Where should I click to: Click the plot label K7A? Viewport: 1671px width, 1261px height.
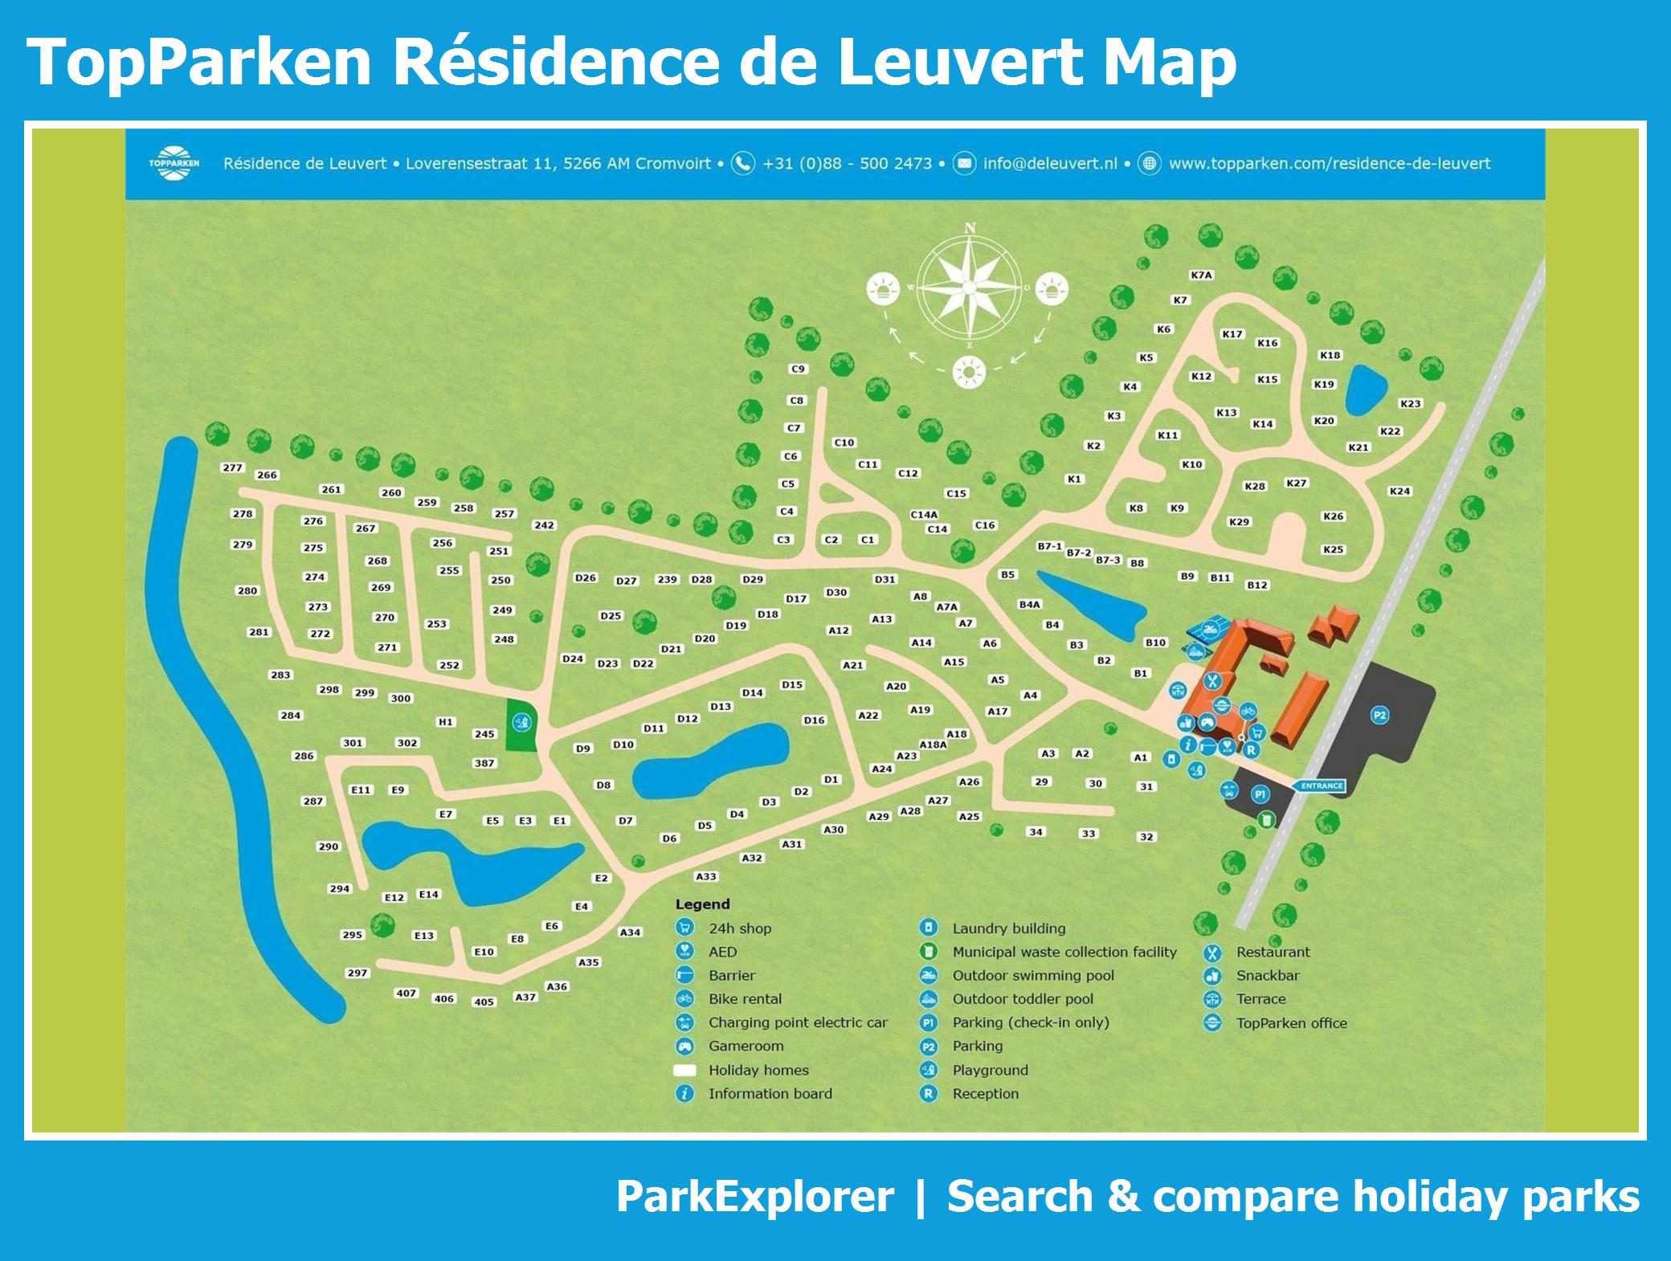click(1201, 275)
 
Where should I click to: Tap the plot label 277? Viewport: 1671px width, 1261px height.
click(232, 467)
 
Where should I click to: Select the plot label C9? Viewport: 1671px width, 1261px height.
click(798, 369)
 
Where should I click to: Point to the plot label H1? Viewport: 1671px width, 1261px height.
click(445, 722)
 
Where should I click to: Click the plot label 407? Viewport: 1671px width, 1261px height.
click(407, 993)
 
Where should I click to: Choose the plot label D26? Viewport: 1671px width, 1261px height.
click(586, 577)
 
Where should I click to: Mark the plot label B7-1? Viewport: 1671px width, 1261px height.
click(1049, 546)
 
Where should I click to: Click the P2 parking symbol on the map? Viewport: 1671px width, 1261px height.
click(1379, 715)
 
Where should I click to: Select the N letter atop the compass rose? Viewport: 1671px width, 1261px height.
click(970, 228)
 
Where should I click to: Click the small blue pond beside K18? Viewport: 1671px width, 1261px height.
click(1365, 390)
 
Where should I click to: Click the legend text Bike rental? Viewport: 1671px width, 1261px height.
click(745, 999)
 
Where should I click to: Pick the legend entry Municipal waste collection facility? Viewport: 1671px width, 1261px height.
click(1064, 952)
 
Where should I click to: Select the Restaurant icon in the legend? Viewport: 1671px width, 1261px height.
click(1212, 953)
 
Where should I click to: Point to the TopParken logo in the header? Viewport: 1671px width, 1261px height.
click(174, 163)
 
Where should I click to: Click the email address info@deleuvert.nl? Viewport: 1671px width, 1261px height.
click(1050, 164)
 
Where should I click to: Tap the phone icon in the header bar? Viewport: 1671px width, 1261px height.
click(743, 163)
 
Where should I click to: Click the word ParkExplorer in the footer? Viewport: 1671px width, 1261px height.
click(754, 1197)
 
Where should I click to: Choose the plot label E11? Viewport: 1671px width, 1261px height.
click(361, 790)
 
